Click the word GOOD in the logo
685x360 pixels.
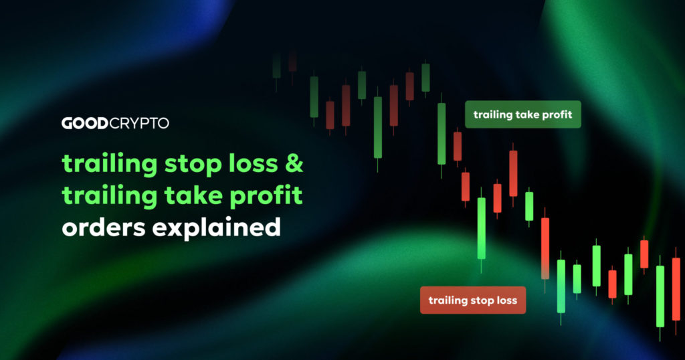click(84, 123)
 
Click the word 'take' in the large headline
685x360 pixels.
click(192, 197)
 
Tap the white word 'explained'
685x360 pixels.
click(216, 228)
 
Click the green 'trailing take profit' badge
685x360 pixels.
click(522, 114)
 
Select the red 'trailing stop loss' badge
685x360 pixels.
click(472, 300)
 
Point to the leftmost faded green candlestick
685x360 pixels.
click(276, 66)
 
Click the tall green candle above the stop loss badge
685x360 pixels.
click(482, 228)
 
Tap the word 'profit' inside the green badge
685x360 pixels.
click(557, 114)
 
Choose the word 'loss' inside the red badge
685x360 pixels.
click(506, 300)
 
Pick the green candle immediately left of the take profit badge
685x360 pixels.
click(442, 133)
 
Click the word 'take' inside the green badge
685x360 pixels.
click(526, 114)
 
